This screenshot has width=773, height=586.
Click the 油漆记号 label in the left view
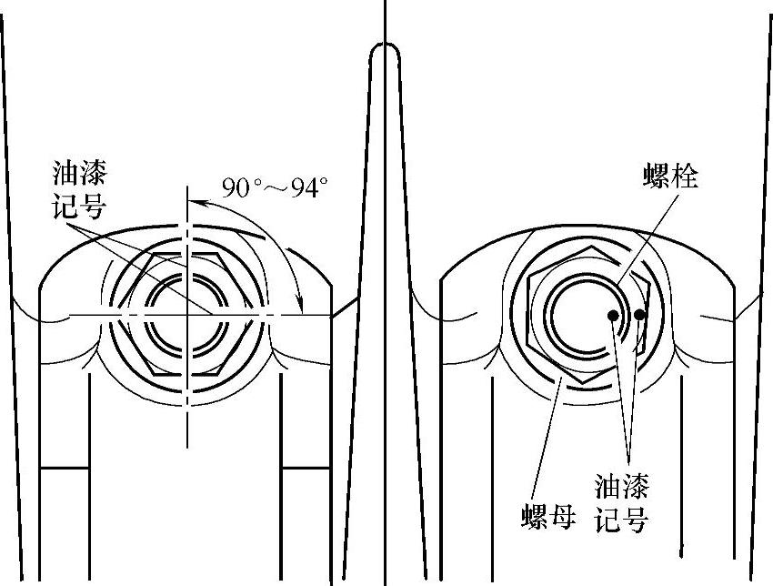coord(79,189)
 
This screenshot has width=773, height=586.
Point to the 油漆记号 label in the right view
coord(622,501)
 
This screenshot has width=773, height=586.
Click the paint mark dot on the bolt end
coord(615,316)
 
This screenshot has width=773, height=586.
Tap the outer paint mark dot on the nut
coord(640,315)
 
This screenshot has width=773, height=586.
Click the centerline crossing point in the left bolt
coord(188,315)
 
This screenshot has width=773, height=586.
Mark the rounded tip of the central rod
coord(385,53)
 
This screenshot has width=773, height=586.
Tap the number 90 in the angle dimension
coord(238,187)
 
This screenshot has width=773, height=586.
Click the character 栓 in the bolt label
coord(686,177)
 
